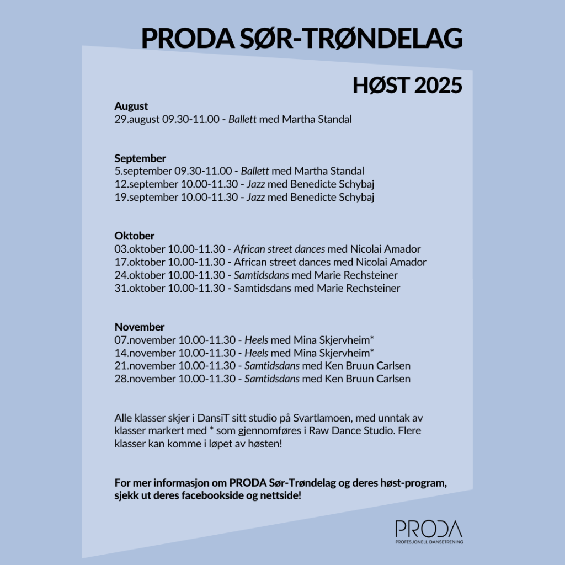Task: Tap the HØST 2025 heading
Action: click(x=407, y=86)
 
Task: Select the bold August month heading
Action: click(x=131, y=106)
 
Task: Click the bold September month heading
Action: click(x=140, y=158)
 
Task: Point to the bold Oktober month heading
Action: click(x=135, y=236)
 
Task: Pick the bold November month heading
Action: click(x=140, y=327)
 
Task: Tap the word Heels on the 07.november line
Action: click(x=257, y=340)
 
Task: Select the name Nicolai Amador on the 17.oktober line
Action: click(x=391, y=263)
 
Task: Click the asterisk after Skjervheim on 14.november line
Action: click(x=372, y=351)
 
